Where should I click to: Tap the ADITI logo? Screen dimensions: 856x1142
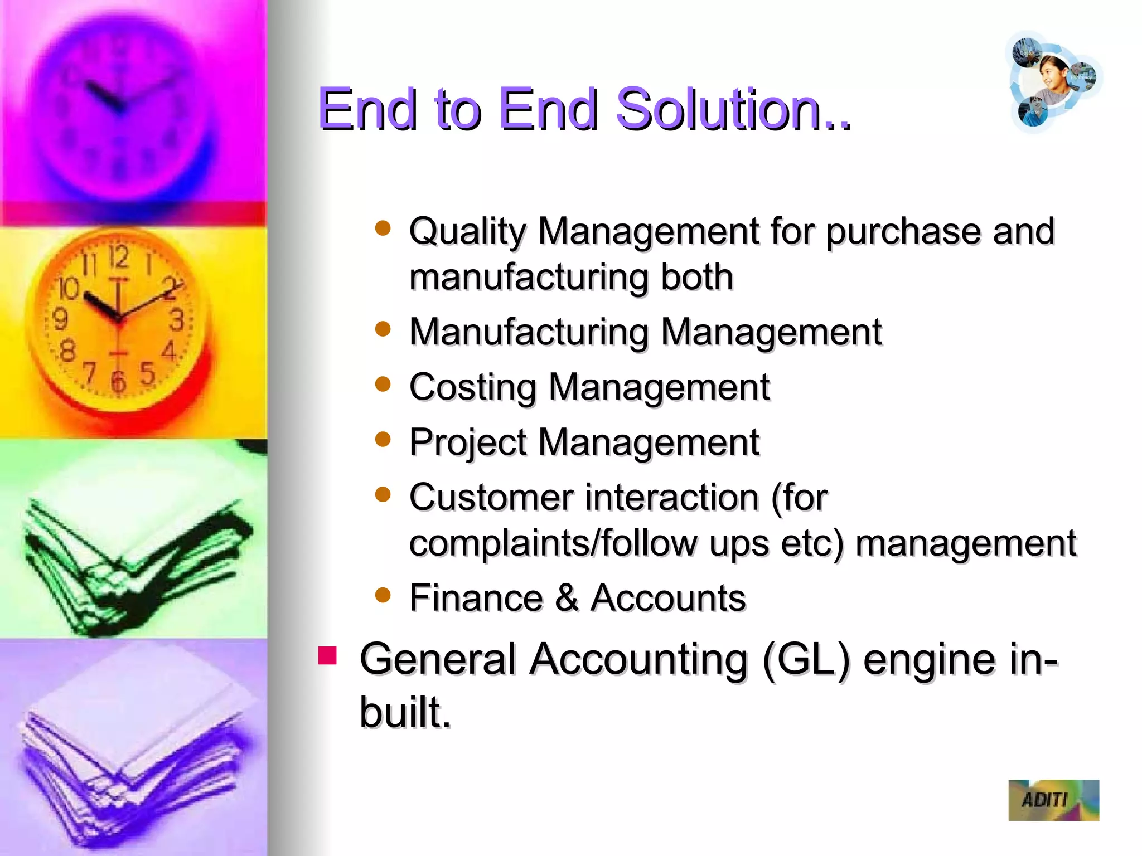point(1053,800)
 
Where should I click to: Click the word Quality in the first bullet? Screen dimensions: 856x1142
point(467,232)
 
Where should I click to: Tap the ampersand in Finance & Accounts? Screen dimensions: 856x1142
point(567,598)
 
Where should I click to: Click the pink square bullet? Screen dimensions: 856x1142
point(327,656)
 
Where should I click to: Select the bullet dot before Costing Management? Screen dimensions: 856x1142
point(383,384)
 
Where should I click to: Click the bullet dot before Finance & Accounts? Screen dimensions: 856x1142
point(383,595)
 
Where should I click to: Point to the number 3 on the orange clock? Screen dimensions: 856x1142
point(177,320)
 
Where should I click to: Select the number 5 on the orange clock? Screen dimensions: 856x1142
point(147,373)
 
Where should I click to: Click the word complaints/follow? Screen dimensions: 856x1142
point(553,543)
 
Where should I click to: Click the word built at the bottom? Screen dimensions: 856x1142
point(404,712)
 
